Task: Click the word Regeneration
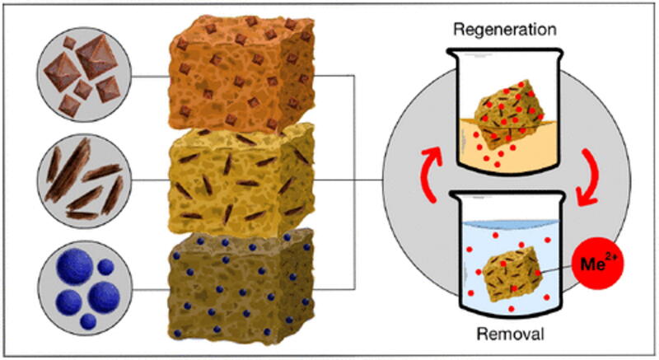505,30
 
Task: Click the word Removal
510,334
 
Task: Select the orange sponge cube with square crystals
241,72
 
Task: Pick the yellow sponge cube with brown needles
241,180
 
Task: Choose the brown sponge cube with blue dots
241,287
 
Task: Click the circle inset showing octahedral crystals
84,75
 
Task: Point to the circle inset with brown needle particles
84,181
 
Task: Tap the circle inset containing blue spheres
85,288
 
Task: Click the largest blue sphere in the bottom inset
74,266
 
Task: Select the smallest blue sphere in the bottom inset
88,322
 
